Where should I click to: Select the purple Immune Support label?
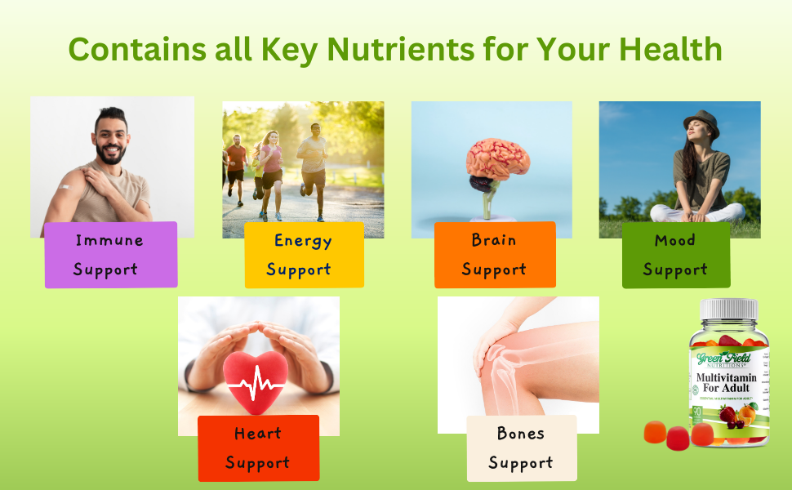coord(110,254)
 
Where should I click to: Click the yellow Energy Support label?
coord(304,255)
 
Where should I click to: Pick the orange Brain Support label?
coord(495,254)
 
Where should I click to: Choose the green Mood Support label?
coord(675,255)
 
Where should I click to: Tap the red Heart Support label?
coord(258,448)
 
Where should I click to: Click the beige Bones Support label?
coord(521,448)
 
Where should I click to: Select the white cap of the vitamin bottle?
coord(729,310)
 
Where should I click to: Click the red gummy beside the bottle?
coord(678,439)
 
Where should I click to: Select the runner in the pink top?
coord(271,167)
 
